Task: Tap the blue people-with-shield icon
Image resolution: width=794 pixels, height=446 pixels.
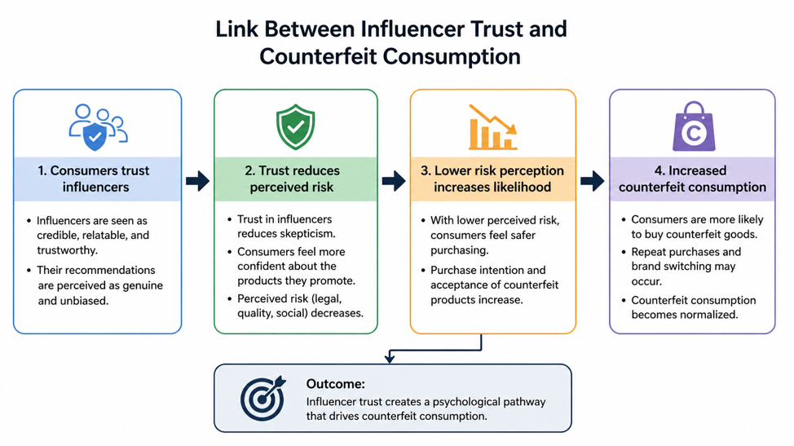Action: pos(99,127)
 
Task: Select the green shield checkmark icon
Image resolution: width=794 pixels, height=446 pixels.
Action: pos(296,126)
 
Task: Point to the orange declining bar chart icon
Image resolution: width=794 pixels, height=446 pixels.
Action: pos(492,127)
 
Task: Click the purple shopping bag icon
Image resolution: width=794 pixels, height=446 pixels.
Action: pos(694,126)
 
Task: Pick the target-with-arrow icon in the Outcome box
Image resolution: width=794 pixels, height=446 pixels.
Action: pos(263,398)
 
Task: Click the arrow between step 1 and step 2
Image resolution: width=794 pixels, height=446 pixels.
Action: pos(197,181)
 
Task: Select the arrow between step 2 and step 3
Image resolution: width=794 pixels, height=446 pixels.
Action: pos(394,181)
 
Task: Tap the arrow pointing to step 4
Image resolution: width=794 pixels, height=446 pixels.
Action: pos(592,181)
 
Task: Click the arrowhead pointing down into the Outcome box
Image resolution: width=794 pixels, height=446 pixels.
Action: pos(390,359)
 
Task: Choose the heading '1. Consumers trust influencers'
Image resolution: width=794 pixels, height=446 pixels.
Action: pos(95,179)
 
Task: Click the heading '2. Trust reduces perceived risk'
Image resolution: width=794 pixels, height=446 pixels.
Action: pos(292,179)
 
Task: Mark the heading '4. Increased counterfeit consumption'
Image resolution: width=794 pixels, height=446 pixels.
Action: pos(692,179)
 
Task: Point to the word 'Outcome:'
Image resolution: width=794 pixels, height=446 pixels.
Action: pos(335,384)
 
